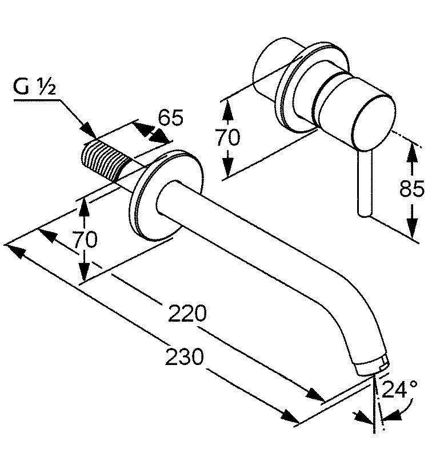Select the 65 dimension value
170,118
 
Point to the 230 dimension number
184,357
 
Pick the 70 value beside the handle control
228,137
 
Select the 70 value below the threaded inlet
85,239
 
